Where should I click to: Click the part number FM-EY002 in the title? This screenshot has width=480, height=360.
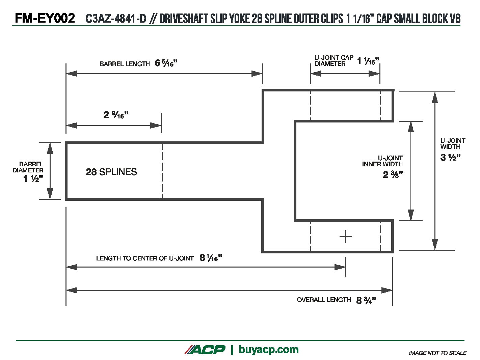[45, 18]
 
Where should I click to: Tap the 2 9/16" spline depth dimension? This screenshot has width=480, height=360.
[116, 115]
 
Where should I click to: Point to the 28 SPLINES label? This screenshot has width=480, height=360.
[111, 172]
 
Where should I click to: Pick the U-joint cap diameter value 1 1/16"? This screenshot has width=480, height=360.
[368, 61]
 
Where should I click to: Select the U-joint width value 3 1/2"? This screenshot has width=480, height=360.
[450, 158]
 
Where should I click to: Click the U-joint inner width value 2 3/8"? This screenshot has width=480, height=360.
[393, 175]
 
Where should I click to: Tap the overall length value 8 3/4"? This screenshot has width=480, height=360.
[366, 300]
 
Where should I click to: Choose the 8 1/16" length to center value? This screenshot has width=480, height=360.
[211, 258]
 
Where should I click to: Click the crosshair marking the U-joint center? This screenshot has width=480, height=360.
[346, 237]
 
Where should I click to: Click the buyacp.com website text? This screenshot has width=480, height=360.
[268, 350]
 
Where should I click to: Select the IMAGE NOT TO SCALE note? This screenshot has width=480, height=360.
[437, 353]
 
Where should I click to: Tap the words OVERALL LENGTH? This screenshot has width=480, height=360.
[324, 300]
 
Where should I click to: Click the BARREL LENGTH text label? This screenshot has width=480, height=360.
[125, 64]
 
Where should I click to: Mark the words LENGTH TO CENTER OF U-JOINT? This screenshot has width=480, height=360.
[145, 258]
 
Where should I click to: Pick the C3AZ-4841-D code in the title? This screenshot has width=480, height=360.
[116, 19]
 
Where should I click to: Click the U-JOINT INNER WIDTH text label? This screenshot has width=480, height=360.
[382, 161]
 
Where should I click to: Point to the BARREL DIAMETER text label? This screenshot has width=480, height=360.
[28, 167]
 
